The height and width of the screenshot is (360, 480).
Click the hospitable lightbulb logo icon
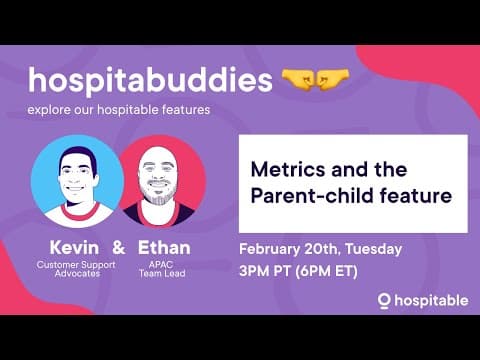point(383,300)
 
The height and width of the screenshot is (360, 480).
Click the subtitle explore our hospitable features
point(119,109)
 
